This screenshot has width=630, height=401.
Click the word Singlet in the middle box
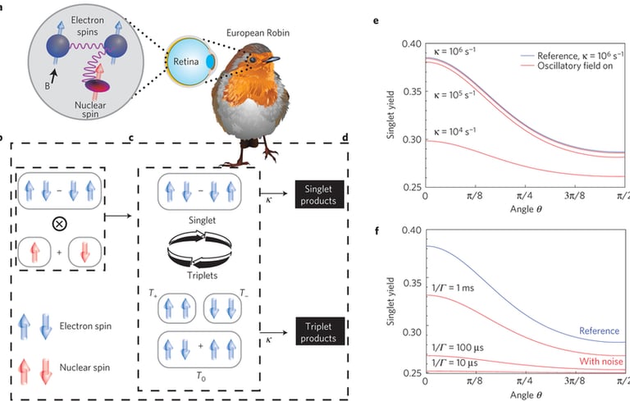(x=198, y=220)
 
